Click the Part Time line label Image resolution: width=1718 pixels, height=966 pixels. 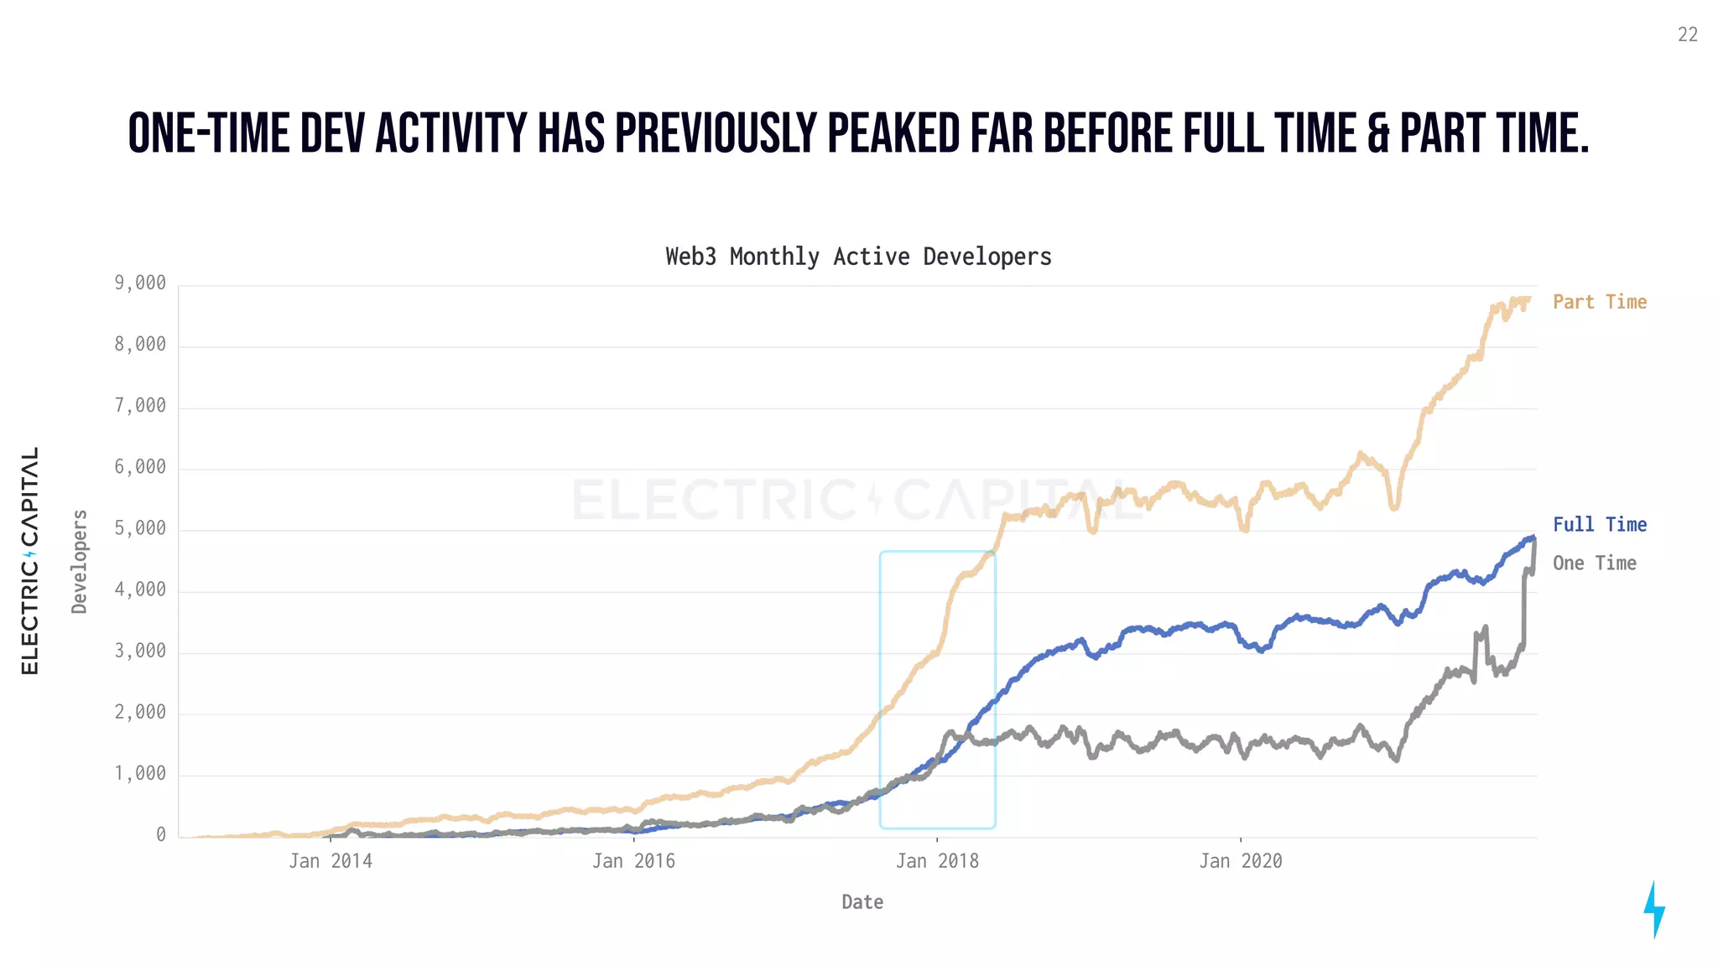pos(1599,302)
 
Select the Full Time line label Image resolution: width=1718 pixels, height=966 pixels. pos(1599,525)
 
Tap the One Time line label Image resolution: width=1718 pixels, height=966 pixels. pos(1594,563)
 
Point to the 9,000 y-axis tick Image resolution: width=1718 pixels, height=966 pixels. pos(140,283)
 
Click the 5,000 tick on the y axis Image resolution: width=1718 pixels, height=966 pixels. pos(140,529)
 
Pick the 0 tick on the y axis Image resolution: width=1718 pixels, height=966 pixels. pos(160,835)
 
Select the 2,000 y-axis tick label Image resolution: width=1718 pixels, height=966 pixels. pos(140,713)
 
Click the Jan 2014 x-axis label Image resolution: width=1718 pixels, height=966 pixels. pos(331,861)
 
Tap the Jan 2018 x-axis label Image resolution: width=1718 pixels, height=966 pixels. pos(937,861)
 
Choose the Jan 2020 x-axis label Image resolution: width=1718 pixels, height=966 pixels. pos(1240,861)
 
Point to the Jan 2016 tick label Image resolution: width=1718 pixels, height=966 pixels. pos(633,861)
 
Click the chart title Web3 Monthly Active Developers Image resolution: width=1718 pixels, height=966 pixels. pos(858,257)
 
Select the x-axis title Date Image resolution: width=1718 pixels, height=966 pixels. pos(862,902)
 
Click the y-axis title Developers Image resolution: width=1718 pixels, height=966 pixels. pos(80,561)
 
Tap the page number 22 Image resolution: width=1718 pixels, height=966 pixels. pos(1687,34)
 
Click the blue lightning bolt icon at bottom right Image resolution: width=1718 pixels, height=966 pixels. pos(1654,909)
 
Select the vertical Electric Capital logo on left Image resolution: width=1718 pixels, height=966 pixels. pos(30,560)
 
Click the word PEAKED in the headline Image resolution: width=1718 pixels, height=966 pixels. pos(893,134)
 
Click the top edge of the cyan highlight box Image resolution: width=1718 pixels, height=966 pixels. pos(937,552)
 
